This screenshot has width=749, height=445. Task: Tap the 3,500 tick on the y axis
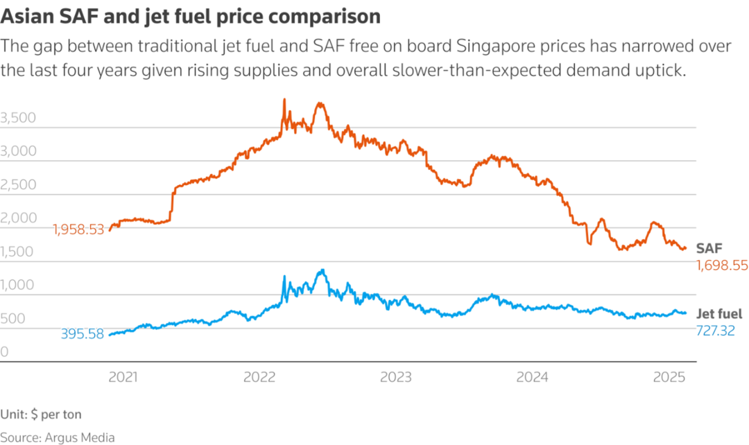click(19, 119)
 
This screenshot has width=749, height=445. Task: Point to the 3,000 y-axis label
click(19, 152)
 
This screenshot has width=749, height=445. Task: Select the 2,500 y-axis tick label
click(19, 185)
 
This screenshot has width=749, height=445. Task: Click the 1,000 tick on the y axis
click(19, 285)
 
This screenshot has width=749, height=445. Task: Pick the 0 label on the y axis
click(5, 352)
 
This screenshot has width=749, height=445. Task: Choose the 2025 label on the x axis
click(670, 378)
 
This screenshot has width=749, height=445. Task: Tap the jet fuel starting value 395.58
click(82, 334)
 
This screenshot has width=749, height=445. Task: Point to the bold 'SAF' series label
click(709, 248)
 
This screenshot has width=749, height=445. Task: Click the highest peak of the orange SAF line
click(284, 100)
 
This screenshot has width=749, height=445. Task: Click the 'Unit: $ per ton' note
click(41, 415)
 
